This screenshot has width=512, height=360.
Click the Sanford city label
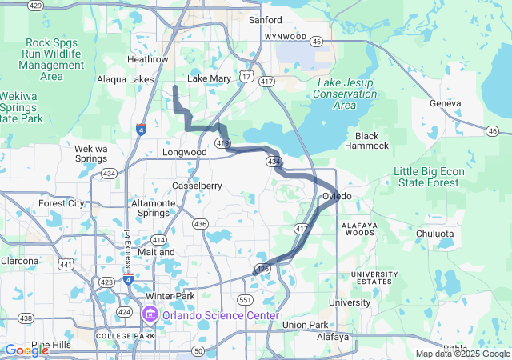point(265,19)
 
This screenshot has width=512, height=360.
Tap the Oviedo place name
point(337,196)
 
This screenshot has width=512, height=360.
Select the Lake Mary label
point(209,78)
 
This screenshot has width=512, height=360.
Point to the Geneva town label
point(446,104)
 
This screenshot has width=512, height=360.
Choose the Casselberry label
point(197,186)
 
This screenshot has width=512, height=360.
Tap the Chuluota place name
point(434,234)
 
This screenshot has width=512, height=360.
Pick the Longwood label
point(184,152)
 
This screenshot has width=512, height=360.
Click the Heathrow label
point(147,59)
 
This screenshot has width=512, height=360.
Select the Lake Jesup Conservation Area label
point(346,94)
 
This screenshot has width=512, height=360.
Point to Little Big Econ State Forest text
point(426,178)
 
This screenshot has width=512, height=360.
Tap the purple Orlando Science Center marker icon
point(150,315)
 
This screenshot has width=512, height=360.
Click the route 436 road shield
point(200,224)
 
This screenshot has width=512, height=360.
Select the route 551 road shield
point(245,299)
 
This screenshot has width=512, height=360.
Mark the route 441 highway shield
point(64,265)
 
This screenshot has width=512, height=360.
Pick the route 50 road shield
point(198,350)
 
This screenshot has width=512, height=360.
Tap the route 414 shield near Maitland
point(159,240)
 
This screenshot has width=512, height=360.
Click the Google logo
point(26,350)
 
